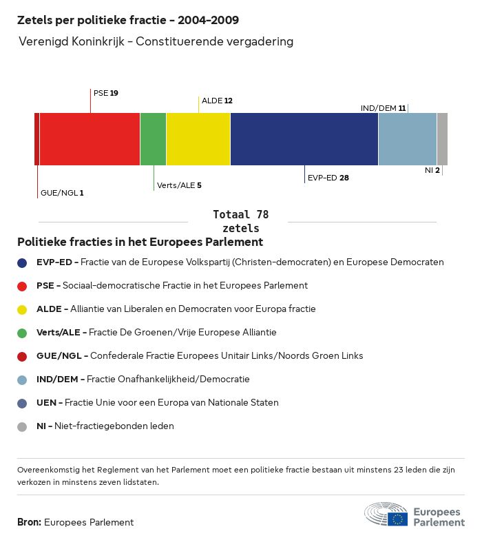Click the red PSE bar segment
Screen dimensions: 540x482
coord(90,139)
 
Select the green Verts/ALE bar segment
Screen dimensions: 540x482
coord(153,139)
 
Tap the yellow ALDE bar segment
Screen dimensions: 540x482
coord(198,139)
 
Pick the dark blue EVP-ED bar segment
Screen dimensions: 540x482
coord(304,139)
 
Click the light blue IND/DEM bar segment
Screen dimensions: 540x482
coord(408,139)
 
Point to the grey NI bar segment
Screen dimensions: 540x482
coord(442,139)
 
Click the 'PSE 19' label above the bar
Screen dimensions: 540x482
coord(105,92)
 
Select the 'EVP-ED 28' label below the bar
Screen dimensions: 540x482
coord(328,178)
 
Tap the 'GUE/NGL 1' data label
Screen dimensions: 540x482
coord(62,193)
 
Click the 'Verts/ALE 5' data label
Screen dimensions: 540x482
coord(179,185)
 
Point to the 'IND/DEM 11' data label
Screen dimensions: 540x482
coord(383,108)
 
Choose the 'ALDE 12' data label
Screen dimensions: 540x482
coord(217,101)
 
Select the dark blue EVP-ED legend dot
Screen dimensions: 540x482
coord(22,262)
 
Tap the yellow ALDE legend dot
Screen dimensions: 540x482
coord(22,309)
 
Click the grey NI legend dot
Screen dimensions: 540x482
coord(22,426)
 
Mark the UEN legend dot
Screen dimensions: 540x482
coord(22,403)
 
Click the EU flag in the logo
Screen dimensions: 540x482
coord(397,519)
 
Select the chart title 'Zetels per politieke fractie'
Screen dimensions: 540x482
coord(128,21)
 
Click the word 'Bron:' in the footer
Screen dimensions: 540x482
coord(30,523)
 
